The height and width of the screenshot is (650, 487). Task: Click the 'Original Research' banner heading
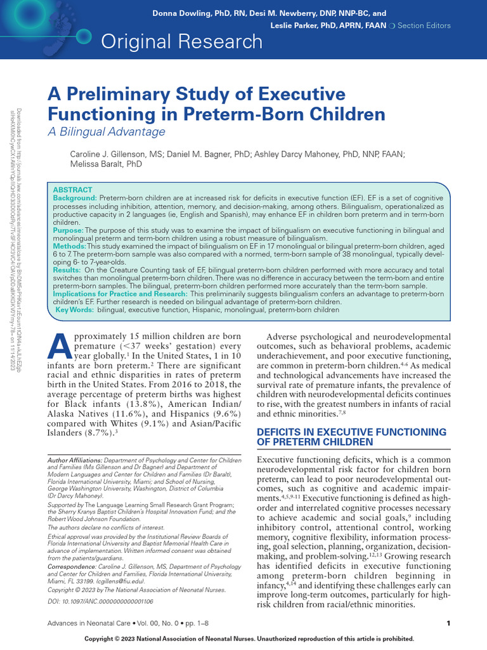(182, 41)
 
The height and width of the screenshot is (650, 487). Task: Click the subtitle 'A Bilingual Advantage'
(107, 132)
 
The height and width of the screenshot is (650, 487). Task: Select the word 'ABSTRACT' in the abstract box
(72, 190)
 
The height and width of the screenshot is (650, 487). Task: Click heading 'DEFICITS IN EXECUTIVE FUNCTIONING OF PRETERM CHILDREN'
(351, 437)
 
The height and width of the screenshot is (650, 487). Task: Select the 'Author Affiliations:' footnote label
(75, 459)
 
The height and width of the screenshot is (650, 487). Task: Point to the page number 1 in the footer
(448, 623)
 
